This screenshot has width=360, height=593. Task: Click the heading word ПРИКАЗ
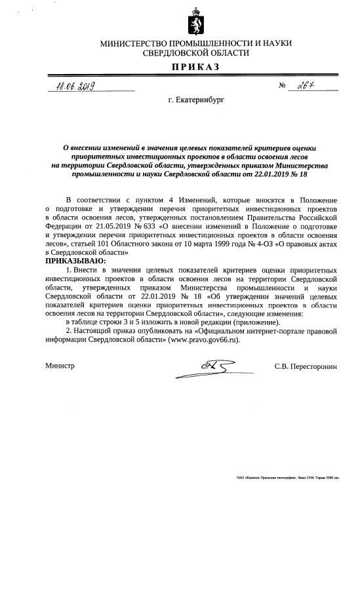click(x=196, y=67)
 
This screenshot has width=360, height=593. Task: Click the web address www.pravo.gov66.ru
click(x=203, y=340)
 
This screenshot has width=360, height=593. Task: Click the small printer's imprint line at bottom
click(x=287, y=478)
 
